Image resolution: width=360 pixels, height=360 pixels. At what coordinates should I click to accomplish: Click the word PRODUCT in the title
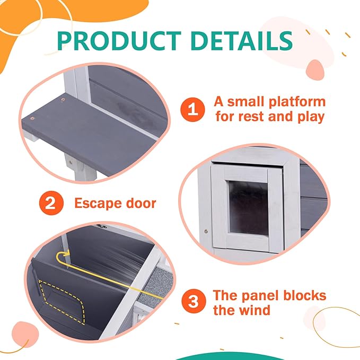119,41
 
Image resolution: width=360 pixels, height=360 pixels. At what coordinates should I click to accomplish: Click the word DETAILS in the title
241,41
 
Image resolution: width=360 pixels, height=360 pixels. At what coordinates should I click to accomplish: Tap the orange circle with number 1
192,109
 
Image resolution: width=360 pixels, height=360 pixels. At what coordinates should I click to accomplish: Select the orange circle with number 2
51,203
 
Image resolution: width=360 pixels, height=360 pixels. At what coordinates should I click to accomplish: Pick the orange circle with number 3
194,301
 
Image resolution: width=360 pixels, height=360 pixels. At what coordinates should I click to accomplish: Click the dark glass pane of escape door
249,208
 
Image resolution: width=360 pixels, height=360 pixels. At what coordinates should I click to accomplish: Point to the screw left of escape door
206,231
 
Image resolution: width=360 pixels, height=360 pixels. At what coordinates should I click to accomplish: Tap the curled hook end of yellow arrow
63,254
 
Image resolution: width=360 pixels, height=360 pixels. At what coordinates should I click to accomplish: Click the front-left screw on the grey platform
32,118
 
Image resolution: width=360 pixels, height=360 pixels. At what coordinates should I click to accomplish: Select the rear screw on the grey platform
63,100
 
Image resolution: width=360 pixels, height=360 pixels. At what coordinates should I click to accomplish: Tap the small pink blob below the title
315,70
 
